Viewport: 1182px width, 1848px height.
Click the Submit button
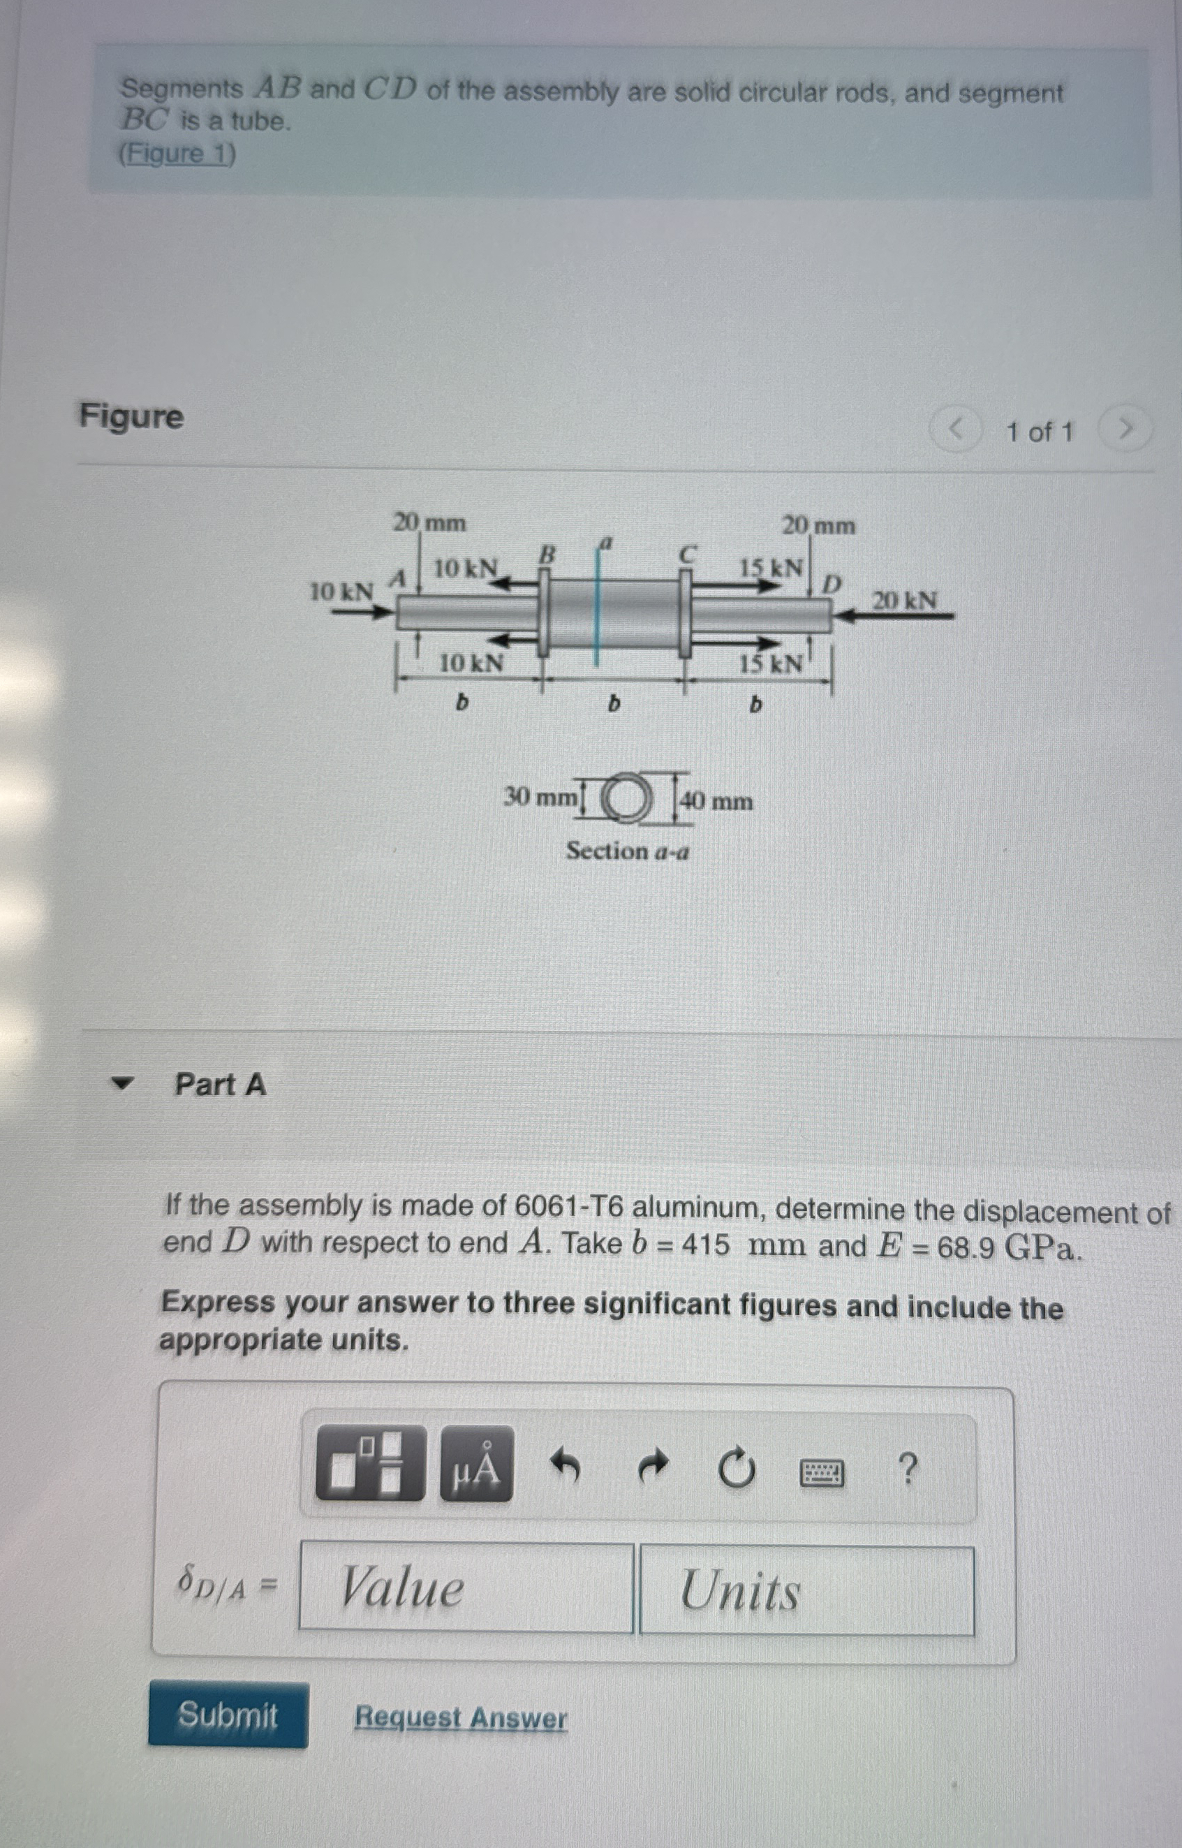click(x=228, y=1715)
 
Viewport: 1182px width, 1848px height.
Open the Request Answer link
click(x=461, y=1717)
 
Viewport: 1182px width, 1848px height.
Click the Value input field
click(x=466, y=1587)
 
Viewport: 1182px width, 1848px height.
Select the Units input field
click(x=806, y=1590)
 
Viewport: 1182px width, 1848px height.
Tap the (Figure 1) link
click(x=177, y=154)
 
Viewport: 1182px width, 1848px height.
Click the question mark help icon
click(x=906, y=1469)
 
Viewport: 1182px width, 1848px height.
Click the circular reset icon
click(x=736, y=1467)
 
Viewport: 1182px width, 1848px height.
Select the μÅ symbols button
click(x=476, y=1464)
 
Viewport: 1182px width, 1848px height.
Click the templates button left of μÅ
click(x=370, y=1462)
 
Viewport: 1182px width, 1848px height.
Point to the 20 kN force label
click(x=904, y=600)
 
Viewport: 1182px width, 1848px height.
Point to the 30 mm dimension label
click(x=540, y=797)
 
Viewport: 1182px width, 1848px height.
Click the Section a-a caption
click(x=627, y=851)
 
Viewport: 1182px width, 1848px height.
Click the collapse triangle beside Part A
click(x=121, y=1083)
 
